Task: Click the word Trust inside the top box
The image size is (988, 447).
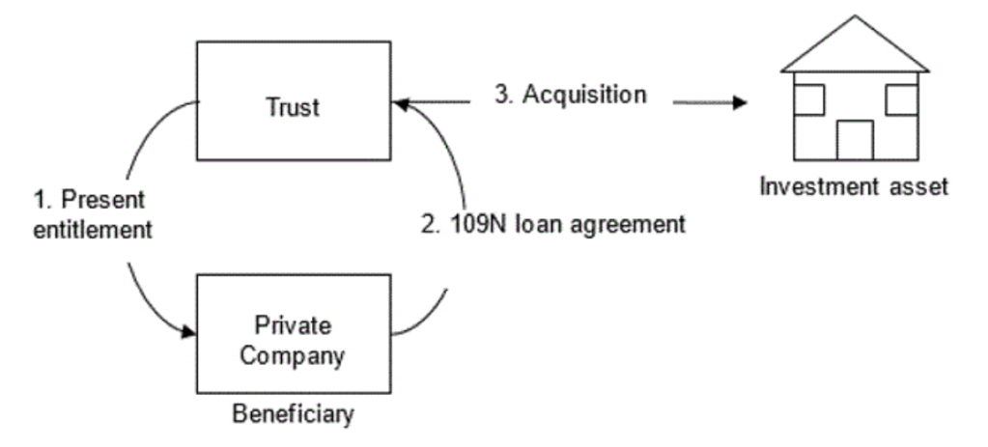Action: point(293,106)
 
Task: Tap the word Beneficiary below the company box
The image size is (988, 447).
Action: point(293,415)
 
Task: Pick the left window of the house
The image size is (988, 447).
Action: point(809,99)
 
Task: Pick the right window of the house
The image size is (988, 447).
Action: point(900,99)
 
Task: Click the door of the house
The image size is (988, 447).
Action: point(855,139)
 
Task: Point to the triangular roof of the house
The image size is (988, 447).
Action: point(855,48)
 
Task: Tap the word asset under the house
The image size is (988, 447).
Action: point(917,185)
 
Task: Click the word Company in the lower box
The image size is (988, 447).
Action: point(293,355)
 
